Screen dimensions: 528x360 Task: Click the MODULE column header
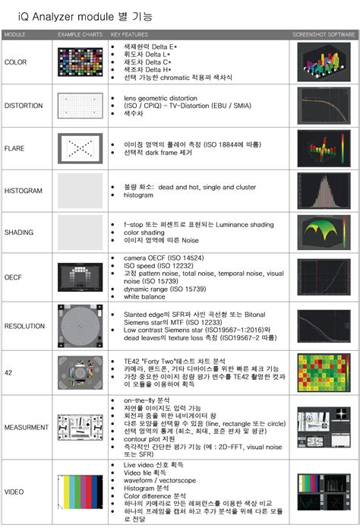(15, 35)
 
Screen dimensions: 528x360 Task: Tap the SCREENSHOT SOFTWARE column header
(323, 35)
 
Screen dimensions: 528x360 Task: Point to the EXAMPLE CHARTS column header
(80, 35)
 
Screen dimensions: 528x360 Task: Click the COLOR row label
(15, 64)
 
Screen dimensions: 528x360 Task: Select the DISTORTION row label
(24, 106)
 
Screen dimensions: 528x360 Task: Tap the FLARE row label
(16, 148)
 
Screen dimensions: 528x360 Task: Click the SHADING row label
(19, 233)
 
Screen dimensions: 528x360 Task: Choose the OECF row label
(14, 277)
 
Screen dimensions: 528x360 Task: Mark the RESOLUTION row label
(24, 326)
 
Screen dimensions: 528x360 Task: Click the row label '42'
(8, 372)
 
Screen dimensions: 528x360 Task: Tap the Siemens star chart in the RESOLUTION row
(81, 326)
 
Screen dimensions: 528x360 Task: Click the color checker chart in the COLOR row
(81, 64)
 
